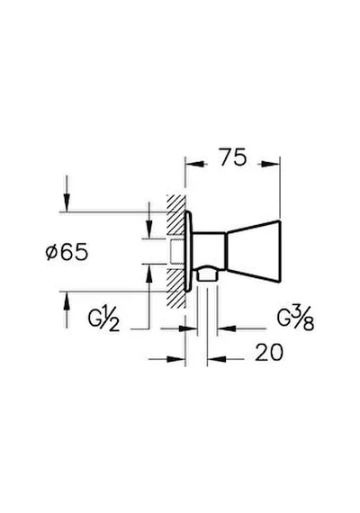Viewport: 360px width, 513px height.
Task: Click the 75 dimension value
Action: pyautogui.click(x=233, y=157)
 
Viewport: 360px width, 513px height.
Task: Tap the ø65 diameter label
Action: pyautogui.click(x=67, y=252)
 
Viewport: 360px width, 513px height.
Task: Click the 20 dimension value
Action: pyautogui.click(x=269, y=353)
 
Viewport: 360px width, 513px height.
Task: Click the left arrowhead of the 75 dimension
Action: pyautogui.click(x=196, y=164)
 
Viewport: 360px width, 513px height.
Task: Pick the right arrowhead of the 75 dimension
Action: pyautogui.click(x=269, y=164)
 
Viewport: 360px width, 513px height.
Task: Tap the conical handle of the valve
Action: pyautogui.click(x=254, y=252)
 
